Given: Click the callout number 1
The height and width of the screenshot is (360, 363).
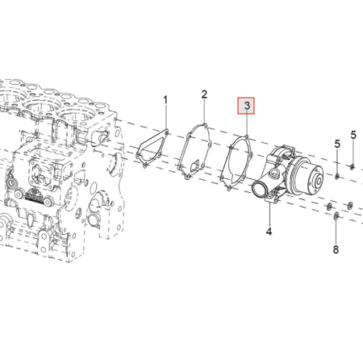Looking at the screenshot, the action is coord(165,100).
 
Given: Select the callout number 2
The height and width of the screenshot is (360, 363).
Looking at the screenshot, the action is coord(204,94).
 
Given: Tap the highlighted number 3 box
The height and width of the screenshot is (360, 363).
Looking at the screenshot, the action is coord(246,106).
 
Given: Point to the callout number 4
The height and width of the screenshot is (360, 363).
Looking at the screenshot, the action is coord(269,231).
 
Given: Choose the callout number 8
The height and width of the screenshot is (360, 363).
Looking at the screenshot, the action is coord(336,249).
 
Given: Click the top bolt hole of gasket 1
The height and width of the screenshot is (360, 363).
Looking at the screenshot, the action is coord(166,132).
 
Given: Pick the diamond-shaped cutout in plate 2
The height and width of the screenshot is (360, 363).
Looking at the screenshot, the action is coord(194,166).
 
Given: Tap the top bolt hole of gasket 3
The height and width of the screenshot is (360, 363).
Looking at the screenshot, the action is coord(247,137).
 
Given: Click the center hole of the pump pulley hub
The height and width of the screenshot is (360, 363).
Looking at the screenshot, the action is coord(319,181).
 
